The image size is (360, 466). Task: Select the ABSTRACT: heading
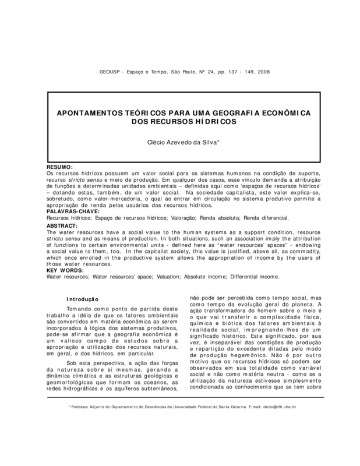pos(62,225)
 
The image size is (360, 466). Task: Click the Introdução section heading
pos(94,299)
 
